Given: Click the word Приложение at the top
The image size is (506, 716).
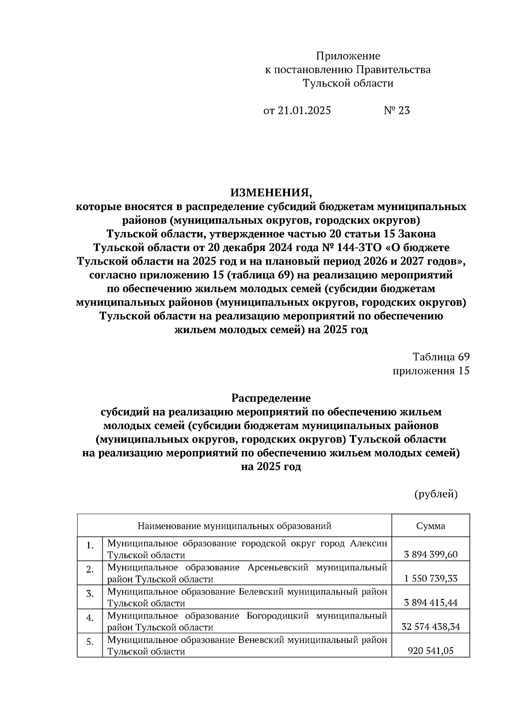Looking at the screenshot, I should (x=348, y=56).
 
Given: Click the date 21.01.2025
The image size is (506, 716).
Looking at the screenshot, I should (x=304, y=111).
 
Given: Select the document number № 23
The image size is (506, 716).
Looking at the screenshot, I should (x=396, y=111).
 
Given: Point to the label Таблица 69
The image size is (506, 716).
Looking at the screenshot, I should (x=441, y=357).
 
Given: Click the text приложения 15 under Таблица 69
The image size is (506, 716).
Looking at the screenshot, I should (x=431, y=371).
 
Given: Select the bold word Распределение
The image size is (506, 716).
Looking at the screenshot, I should (x=271, y=398).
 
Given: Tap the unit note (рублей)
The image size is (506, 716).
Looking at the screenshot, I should (x=436, y=494).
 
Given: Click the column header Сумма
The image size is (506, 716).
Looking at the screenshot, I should (x=431, y=526).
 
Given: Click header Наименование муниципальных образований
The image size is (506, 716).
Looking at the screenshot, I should (x=234, y=526).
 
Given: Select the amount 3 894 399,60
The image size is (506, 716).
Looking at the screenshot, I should (x=431, y=554).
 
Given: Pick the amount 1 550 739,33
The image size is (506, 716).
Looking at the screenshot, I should (x=431, y=578).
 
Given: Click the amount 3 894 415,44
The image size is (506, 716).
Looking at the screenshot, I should (x=431, y=603).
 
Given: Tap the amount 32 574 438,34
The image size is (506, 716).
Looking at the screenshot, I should (x=431, y=627).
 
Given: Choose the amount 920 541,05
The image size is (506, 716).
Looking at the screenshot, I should (x=431, y=651).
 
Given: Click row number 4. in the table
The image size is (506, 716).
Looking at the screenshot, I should (x=90, y=618).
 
